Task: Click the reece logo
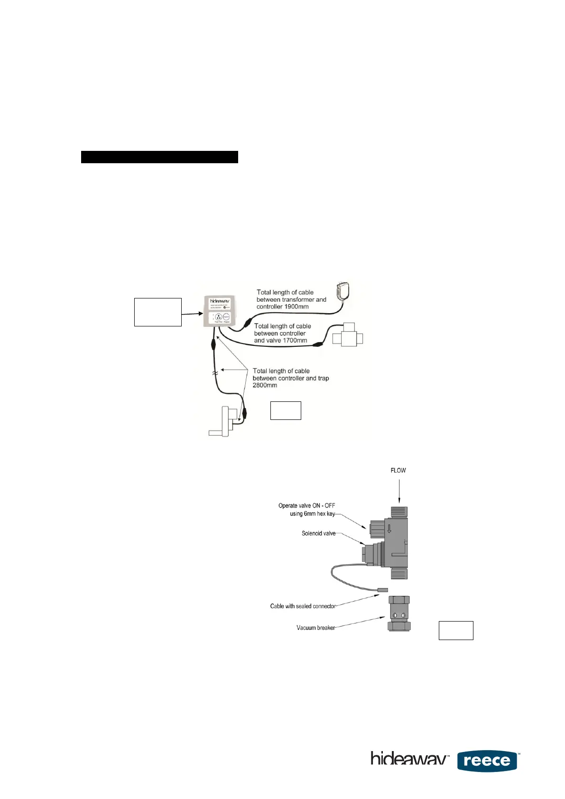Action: click(x=487, y=761)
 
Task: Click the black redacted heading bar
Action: click(x=159, y=157)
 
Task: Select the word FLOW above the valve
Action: click(x=398, y=470)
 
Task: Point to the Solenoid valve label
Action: click(x=318, y=533)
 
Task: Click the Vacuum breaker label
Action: click(x=315, y=628)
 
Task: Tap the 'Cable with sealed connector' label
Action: click(x=303, y=606)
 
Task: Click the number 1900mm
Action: click(x=296, y=307)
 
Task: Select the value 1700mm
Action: click(x=295, y=340)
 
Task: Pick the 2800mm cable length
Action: click(x=265, y=385)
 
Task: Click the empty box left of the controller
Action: click(x=158, y=312)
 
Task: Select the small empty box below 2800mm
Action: click(x=286, y=410)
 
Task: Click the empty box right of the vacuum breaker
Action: click(x=456, y=630)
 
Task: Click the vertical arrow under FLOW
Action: click(x=399, y=491)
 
